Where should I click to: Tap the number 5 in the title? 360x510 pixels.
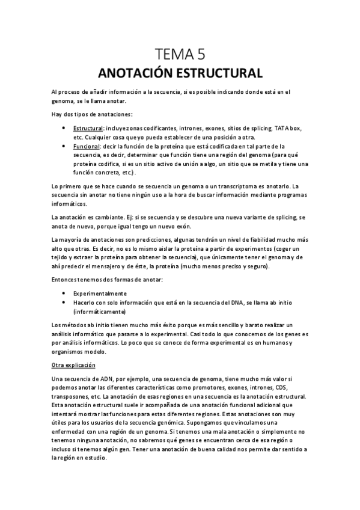click(x=200, y=55)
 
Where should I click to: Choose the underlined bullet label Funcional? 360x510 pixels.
click(x=87, y=146)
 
